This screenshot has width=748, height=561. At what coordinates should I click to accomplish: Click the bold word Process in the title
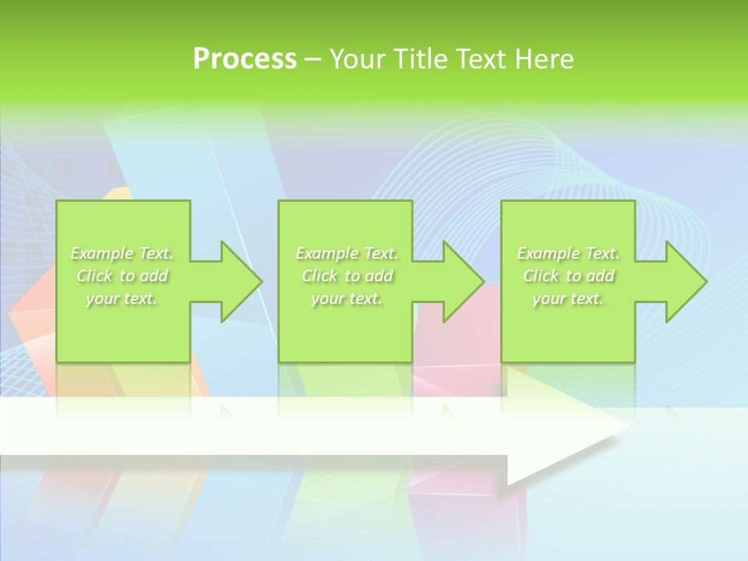(245, 59)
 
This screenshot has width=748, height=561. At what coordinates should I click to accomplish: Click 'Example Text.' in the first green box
(122, 253)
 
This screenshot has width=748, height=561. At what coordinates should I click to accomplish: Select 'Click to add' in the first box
(122, 276)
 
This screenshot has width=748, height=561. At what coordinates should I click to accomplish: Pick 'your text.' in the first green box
(122, 298)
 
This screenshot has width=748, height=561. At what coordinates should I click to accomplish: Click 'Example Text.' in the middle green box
(347, 253)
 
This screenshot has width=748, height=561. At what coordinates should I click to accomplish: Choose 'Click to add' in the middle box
(347, 276)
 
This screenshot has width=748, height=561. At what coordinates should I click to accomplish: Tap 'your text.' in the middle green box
(347, 298)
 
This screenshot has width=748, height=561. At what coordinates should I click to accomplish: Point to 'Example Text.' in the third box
(568, 253)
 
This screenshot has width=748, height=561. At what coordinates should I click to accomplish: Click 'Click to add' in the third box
(568, 276)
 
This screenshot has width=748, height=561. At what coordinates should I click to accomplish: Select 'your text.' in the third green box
(568, 298)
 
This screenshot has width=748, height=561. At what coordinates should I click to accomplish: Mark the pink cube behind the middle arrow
(460, 343)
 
